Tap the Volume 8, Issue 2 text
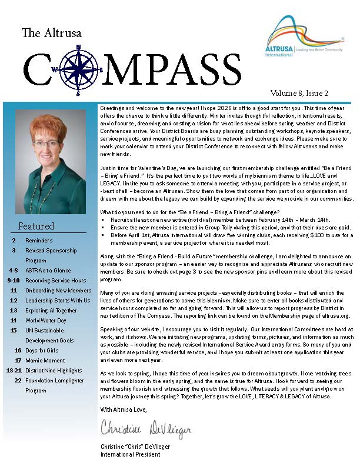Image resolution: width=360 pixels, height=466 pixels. pos(299,93)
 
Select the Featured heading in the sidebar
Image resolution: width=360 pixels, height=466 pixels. pos(36,226)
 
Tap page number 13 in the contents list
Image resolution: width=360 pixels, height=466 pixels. pos(13,310)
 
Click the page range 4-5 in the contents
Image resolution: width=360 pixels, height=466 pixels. pos(13,270)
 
